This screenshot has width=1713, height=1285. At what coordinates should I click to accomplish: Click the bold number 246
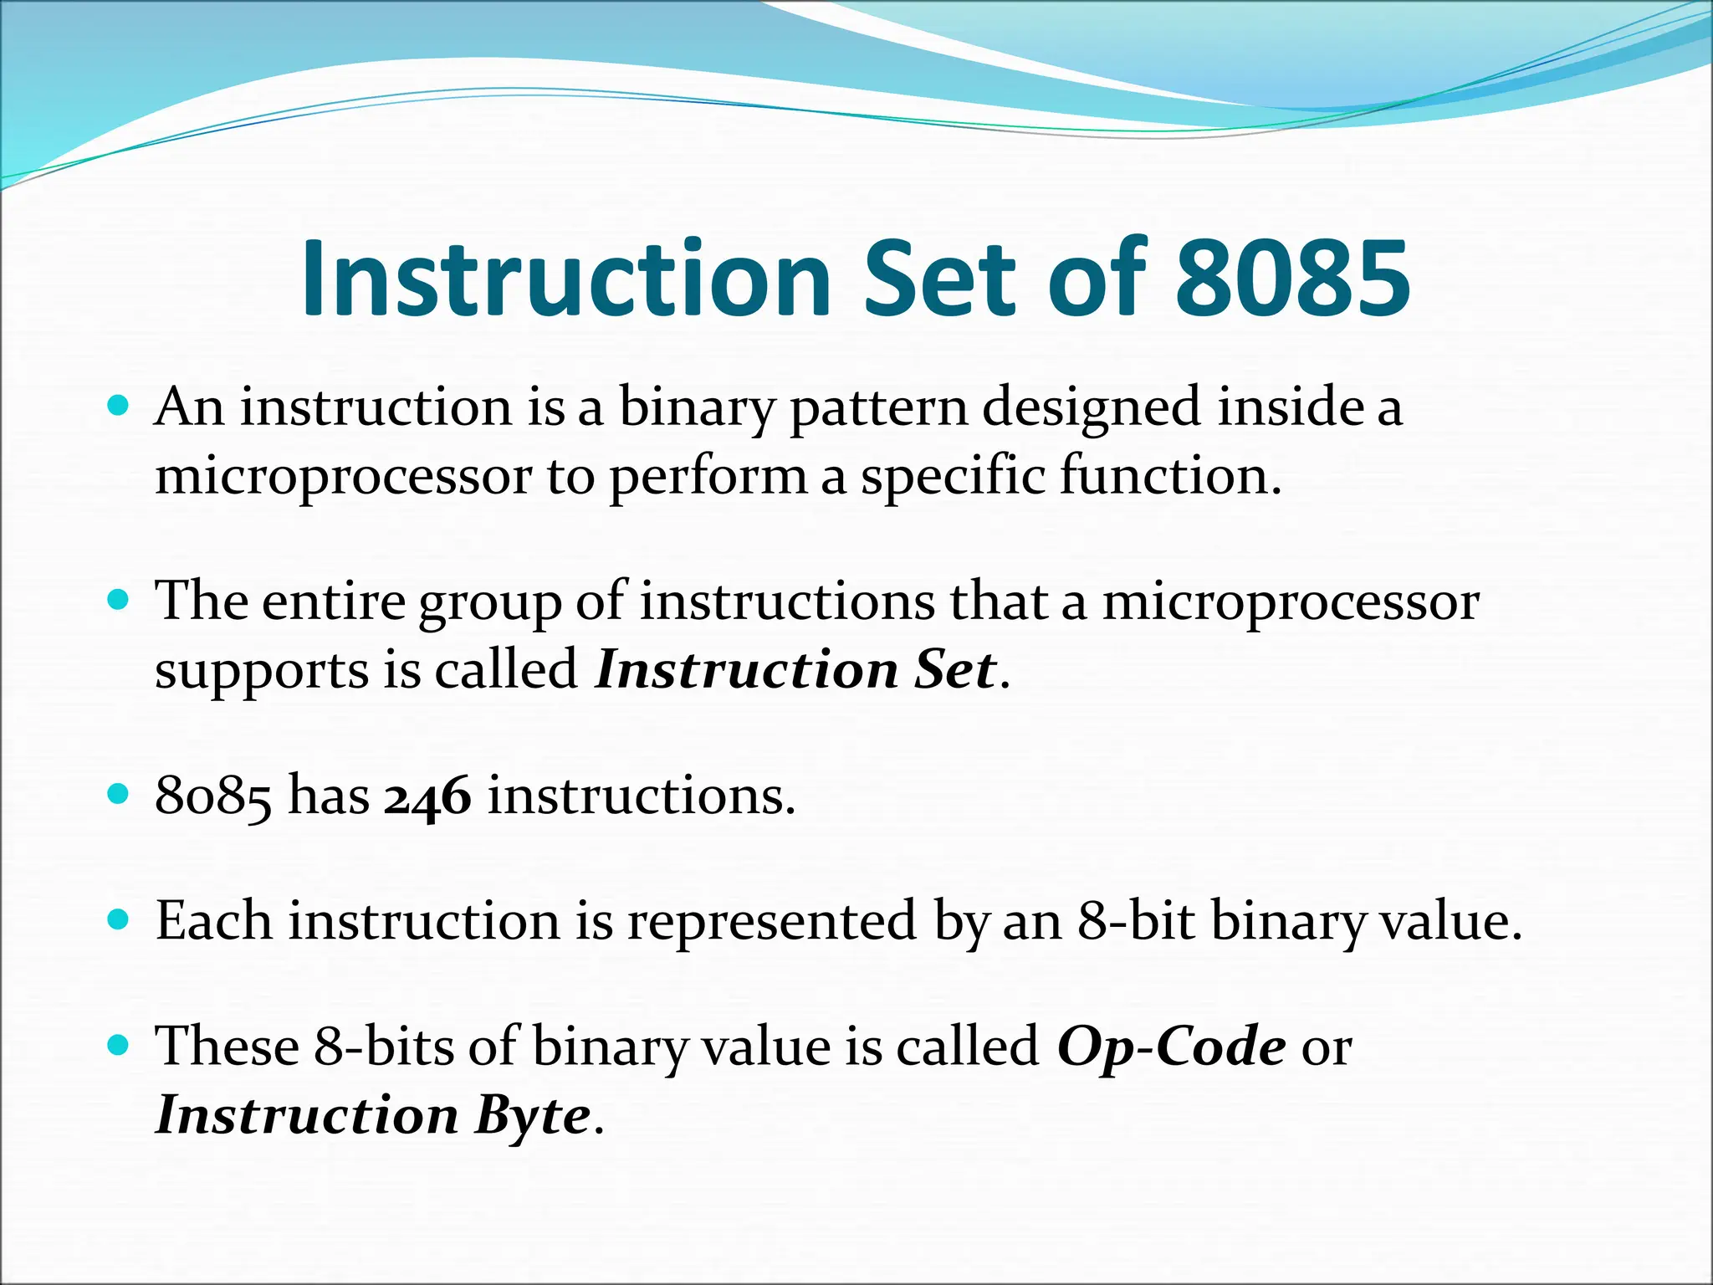tap(427, 796)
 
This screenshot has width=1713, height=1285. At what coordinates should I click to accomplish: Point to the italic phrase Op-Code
tap(1170, 1047)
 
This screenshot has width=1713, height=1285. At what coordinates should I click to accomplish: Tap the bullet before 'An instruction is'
tap(119, 407)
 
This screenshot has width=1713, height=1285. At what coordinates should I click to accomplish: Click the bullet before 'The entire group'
tap(119, 600)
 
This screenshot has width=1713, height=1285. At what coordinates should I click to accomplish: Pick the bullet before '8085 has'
tap(119, 794)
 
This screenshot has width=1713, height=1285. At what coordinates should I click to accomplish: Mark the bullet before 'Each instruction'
tap(119, 920)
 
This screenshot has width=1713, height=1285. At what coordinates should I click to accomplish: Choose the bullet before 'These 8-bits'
tap(119, 1045)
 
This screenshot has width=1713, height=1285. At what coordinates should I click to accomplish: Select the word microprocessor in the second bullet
tap(1291, 602)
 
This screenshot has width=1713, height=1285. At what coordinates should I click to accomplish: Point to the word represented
tap(772, 923)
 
